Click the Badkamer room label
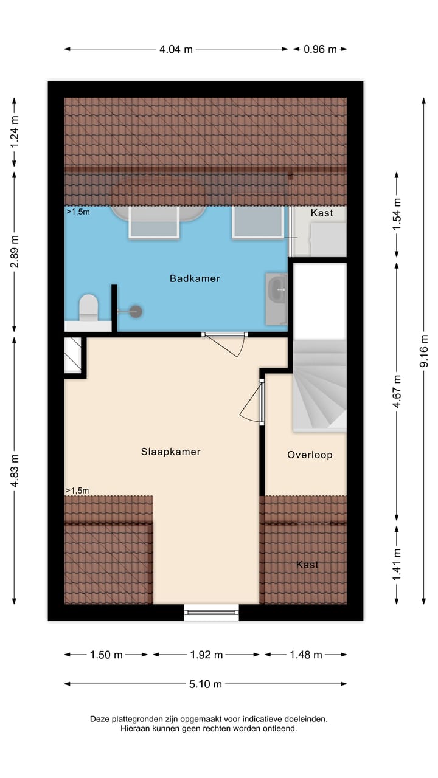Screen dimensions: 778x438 point(195,278)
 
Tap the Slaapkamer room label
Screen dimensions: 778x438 point(170,452)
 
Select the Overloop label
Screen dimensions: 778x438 point(310,455)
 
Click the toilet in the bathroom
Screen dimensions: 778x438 point(89,307)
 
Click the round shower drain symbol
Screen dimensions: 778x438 point(136,311)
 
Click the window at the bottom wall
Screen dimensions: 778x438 point(212,612)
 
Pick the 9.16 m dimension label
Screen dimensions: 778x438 point(424,351)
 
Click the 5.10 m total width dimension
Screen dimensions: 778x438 point(206,684)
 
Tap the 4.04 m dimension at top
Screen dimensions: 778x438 point(176,50)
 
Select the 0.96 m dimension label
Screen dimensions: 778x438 point(320,50)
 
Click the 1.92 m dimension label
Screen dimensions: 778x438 point(206,655)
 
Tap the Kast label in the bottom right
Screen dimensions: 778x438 point(307,565)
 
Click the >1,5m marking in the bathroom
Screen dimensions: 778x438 point(77,212)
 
